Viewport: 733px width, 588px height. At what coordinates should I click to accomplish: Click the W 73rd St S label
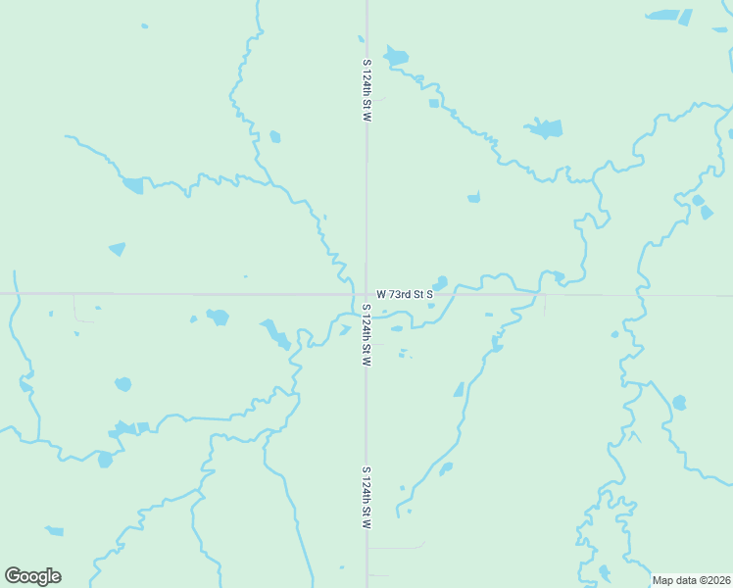point(404,294)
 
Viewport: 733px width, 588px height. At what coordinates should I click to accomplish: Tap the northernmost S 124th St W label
point(366,90)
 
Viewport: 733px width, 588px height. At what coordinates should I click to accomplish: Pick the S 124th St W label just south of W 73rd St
point(365,335)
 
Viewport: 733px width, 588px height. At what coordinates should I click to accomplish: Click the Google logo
point(32,576)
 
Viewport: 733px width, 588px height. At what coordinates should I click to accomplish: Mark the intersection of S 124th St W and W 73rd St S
point(366,293)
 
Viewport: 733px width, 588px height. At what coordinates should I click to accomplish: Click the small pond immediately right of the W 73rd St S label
point(441,283)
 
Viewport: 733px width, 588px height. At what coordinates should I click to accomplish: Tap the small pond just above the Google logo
point(54,531)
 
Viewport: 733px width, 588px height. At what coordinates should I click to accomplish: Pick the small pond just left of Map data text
point(605,571)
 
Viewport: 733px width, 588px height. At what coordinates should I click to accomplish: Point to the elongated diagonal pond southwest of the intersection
point(275,334)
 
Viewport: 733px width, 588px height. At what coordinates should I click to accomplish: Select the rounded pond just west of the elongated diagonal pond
point(218,317)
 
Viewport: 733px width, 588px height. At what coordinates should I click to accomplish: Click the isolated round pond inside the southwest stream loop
point(122,383)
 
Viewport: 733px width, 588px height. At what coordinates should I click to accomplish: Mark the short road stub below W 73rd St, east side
point(545,304)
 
